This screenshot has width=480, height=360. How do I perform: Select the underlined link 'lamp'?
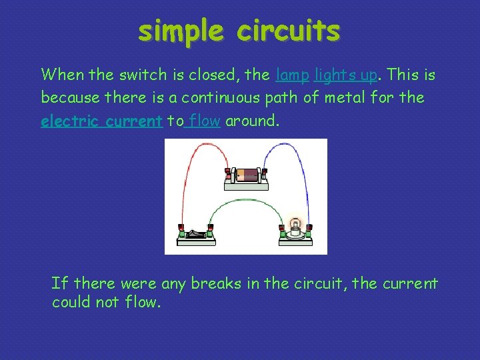pyautogui.click(x=292, y=75)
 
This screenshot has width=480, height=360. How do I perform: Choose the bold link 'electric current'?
pyautogui.click(x=101, y=122)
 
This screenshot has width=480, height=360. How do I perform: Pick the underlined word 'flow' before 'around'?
pyautogui.click(x=205, y=122)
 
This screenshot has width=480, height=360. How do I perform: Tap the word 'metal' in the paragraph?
pyautogui.click(x=346, y=99)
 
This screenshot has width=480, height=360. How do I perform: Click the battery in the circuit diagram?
pyautogui.click(x=246, y=175)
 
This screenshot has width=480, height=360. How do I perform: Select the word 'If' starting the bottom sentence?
pyautogui.click(x=59, y=284)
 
